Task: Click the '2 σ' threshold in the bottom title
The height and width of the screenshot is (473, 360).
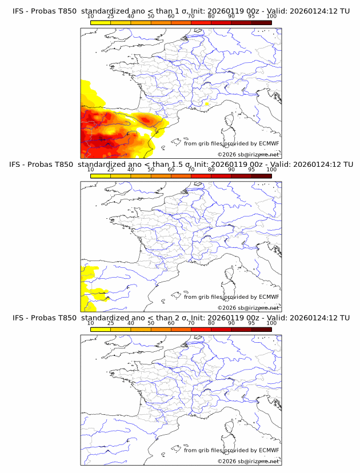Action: point(185,318)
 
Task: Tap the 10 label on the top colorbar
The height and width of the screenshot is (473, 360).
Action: point(91,17)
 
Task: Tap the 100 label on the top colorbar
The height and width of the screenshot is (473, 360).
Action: point(271,17)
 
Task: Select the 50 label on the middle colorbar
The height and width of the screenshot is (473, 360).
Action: point(151,170)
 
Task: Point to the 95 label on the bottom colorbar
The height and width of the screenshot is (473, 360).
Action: point(251,323)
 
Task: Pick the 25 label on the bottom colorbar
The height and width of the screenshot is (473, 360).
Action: point(111,323)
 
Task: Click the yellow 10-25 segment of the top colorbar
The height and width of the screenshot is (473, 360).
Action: point(101,22)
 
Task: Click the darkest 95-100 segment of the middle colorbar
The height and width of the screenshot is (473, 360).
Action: point(261,175)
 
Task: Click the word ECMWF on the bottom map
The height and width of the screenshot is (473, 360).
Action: point(269,450)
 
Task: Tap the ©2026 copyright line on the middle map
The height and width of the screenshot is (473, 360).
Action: point(248,307)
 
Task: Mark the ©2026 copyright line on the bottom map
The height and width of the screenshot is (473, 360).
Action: point(248,460)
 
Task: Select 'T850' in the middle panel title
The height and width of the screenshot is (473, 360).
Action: point(63,165)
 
